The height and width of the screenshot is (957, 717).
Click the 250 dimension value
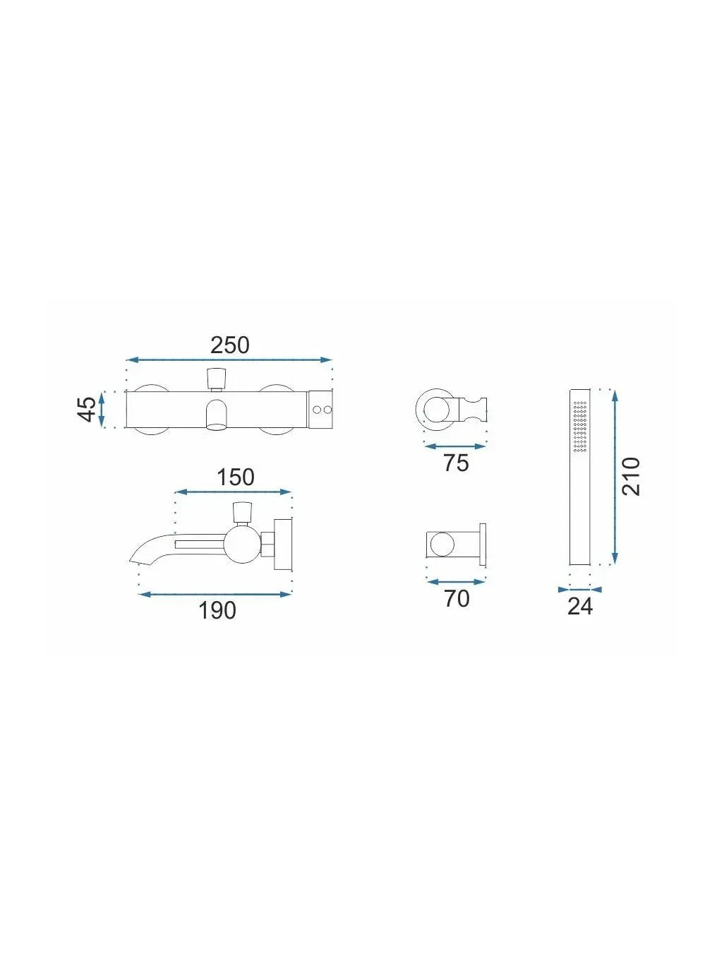[x=229, y=345]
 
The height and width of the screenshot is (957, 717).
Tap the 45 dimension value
[x=88, y=409]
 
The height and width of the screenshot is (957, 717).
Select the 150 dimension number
[x=235, y=477]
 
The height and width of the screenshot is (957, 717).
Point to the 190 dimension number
[x=217, y=610]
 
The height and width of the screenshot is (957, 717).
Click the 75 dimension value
[x=456, y=463]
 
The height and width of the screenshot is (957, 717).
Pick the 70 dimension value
[x=457, y=598]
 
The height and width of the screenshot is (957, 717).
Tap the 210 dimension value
[x=631, y=476]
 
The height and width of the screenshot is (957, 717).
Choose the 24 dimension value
[x=580, y=606]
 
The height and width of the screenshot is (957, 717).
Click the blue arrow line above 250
[x=229, y=359]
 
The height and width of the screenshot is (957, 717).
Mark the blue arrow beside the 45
[x=102, y=409]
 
